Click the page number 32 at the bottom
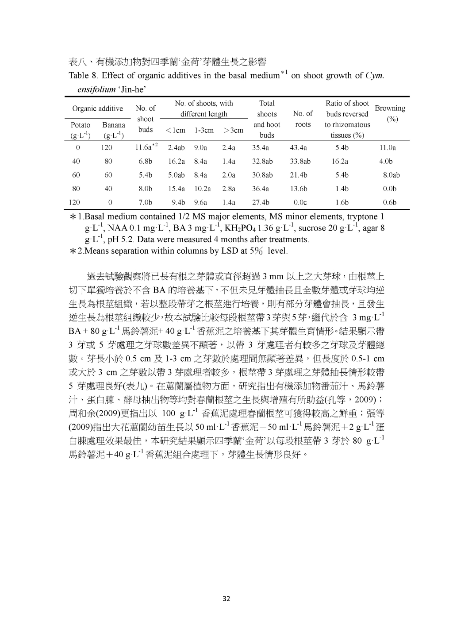[x=226, y=599]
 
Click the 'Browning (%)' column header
[x=390, y=114]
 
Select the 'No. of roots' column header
[x=303, y=119]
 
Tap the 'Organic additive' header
[x=98, y=108]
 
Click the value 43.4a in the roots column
[x=298, y=148]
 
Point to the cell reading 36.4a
[x=260, y=189]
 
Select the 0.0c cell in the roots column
[x=300, y=203]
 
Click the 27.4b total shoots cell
[x=260, y=203]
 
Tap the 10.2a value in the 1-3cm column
[x=203, y=189]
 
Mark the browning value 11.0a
[x=388, y=148]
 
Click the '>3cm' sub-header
[x=233, y=130]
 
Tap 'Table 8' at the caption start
[x=82, y=75]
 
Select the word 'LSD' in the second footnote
[x=230, y=251]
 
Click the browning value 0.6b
[x=389, y=203]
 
